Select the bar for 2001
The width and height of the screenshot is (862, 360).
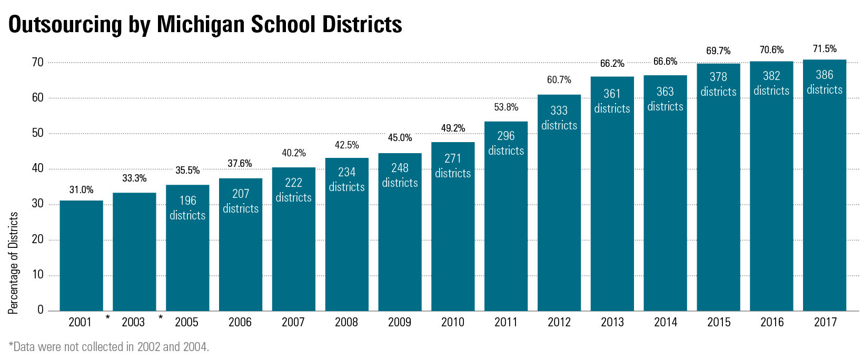[81, 256]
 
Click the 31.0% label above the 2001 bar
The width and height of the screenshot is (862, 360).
[81, 190]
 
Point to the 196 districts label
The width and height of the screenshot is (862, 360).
[187, 208]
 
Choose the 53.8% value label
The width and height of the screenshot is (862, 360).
[506, 107]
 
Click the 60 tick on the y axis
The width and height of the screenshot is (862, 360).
[37, 97]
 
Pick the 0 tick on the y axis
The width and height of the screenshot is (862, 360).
[41, 310]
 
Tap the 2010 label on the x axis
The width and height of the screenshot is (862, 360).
[453, 322]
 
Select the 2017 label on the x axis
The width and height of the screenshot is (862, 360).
[825, 322]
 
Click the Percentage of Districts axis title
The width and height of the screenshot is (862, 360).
[13, 263]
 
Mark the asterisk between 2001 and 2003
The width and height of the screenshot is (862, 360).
[108, 318]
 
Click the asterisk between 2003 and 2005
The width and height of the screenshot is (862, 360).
[161, 318]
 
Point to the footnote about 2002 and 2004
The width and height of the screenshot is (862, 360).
[109, 347]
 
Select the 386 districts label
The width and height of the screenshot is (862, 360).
[825, 82]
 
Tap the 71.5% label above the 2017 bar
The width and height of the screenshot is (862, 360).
[825, 49]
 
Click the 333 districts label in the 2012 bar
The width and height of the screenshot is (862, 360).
[559, 118]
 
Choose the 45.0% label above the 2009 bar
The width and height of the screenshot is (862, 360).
[400, 138]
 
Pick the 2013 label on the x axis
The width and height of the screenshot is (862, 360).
[612, 322]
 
